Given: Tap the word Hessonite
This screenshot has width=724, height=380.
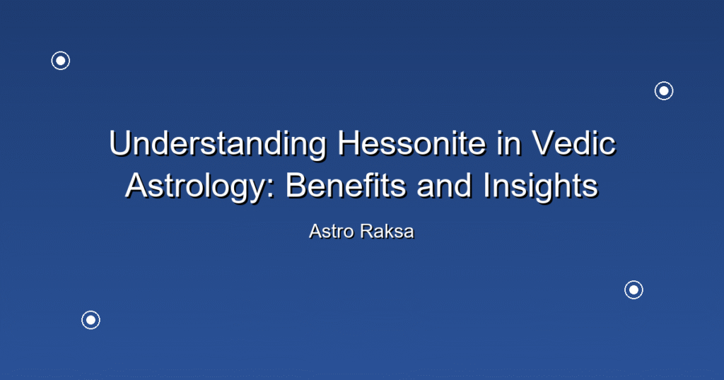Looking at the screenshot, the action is (412, 143).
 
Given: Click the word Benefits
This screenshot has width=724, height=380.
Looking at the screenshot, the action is (346, 186).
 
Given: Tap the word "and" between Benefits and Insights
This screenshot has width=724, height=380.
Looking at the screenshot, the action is (444, 186).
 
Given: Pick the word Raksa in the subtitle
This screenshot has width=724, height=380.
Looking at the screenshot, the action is (387, 232).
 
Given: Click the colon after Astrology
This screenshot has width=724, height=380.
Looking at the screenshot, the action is (271, 190).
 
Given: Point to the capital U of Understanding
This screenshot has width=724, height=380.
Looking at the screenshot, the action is (121, 143).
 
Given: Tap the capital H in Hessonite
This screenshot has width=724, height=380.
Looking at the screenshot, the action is (349, 143).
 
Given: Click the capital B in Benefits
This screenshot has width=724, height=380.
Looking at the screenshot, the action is (296, 186).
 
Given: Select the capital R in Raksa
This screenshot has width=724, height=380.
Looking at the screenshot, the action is (368, 232).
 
